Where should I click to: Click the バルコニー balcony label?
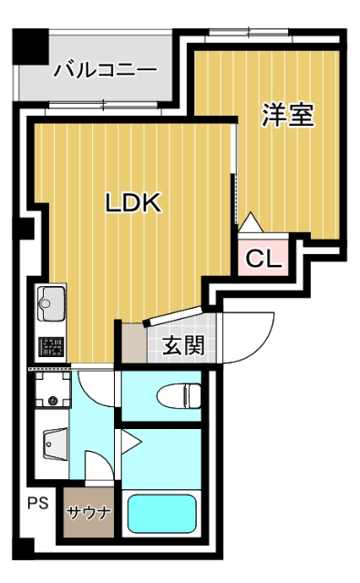coord(106,70)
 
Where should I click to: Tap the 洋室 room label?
coord(288,115)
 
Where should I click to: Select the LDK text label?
coord(133,202)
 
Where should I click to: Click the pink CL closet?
coord(262,258)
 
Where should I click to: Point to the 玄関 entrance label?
coord(184,345)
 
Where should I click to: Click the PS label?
coord(38,503)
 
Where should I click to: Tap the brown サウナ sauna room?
coord(88,512)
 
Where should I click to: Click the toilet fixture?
coord(179,396)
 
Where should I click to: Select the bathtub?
coord(162,514)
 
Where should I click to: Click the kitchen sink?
coord(51,303)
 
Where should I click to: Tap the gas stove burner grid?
coord(51,347)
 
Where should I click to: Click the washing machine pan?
coord(52,389)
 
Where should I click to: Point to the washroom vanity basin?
coord(55,444)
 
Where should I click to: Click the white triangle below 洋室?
coord(251,222)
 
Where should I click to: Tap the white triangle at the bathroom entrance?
coord(131,442)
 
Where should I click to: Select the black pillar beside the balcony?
coord(30,46)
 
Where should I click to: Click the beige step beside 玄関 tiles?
coord(134,343)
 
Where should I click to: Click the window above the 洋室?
coord(249,32)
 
